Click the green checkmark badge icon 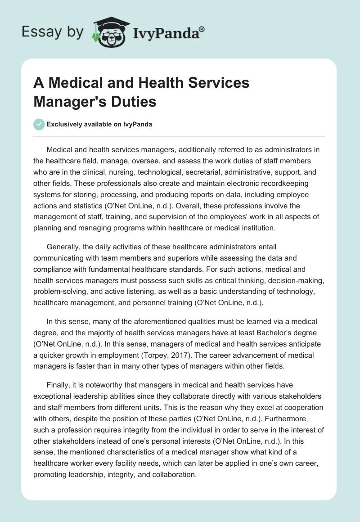tap(39, 124)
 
